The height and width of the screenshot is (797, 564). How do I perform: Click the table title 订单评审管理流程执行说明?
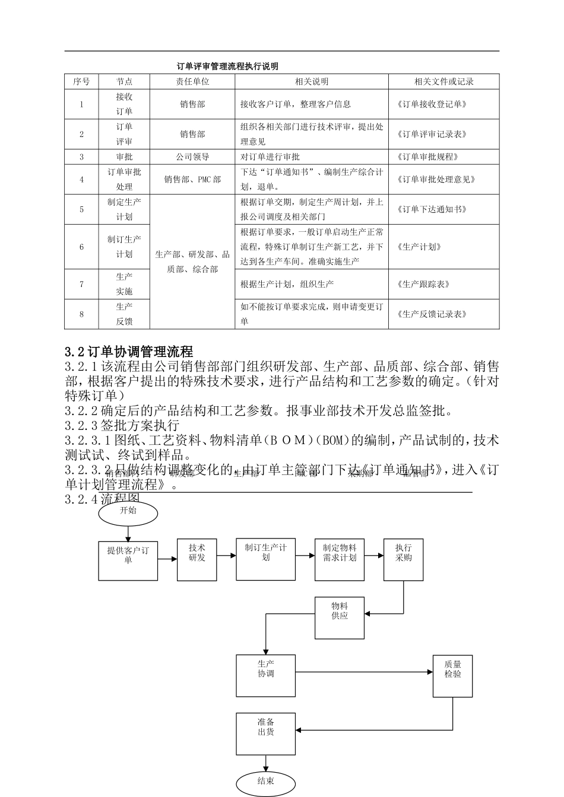(x=227, y=66)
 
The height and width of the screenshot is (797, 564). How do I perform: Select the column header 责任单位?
(x=192, y=82)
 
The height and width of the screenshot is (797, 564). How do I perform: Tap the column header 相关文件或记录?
(x=443, y=82)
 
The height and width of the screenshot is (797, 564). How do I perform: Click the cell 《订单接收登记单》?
(x=432, y=104)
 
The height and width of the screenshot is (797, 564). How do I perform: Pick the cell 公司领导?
(x=192, y=157)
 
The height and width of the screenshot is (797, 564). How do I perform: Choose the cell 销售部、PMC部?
(x=192, y=180)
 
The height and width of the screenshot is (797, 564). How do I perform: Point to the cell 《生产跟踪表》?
(x=423, y=284)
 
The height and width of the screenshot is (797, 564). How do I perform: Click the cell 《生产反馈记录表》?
(x=432, y=314)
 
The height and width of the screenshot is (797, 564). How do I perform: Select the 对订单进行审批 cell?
(x=270, y=157)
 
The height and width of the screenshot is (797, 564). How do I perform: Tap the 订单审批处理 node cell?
(x=124, y=180)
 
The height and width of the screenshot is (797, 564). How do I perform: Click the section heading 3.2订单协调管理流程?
(x=129, y=352)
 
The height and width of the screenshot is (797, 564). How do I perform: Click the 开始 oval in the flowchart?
(x=128, y=511)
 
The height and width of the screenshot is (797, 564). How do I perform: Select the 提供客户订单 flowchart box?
(x=128, y=560)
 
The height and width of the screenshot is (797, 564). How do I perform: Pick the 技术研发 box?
(x=197, y=560)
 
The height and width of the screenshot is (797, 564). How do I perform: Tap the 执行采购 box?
(x=404, y=560)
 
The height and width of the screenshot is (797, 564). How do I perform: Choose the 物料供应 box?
(x=340, y=618)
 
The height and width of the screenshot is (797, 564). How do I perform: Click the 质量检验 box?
(x=452, y=675)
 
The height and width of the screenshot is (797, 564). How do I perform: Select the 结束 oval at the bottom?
(x=265, y=782)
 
